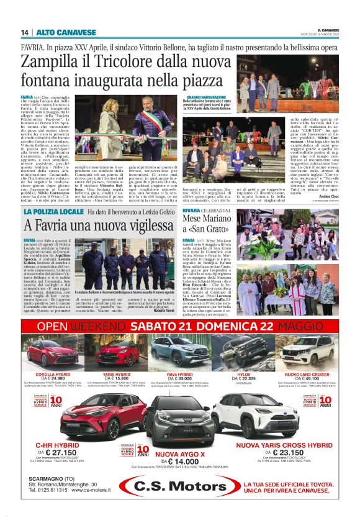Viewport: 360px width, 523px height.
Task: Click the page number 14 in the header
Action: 25,33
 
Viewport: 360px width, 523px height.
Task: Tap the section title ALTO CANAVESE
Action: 57,33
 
